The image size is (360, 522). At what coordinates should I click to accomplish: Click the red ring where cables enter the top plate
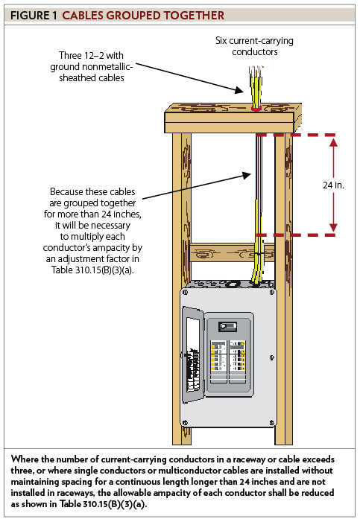(256, 107)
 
